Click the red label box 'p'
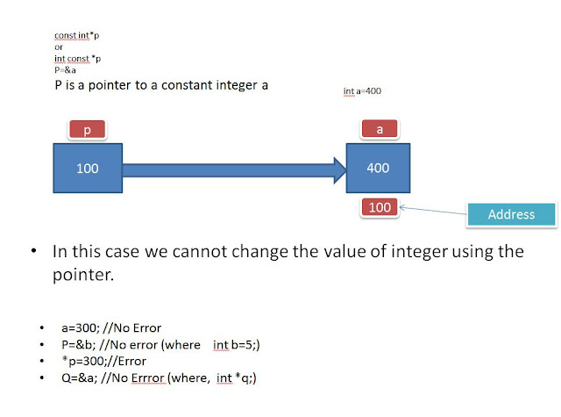87,130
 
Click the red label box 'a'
380,129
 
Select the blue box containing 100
88,168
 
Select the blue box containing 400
380,168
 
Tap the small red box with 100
379,207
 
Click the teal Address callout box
511,214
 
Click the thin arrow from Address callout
433,211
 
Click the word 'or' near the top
59,47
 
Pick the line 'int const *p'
77,58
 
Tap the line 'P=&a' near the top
65,69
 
